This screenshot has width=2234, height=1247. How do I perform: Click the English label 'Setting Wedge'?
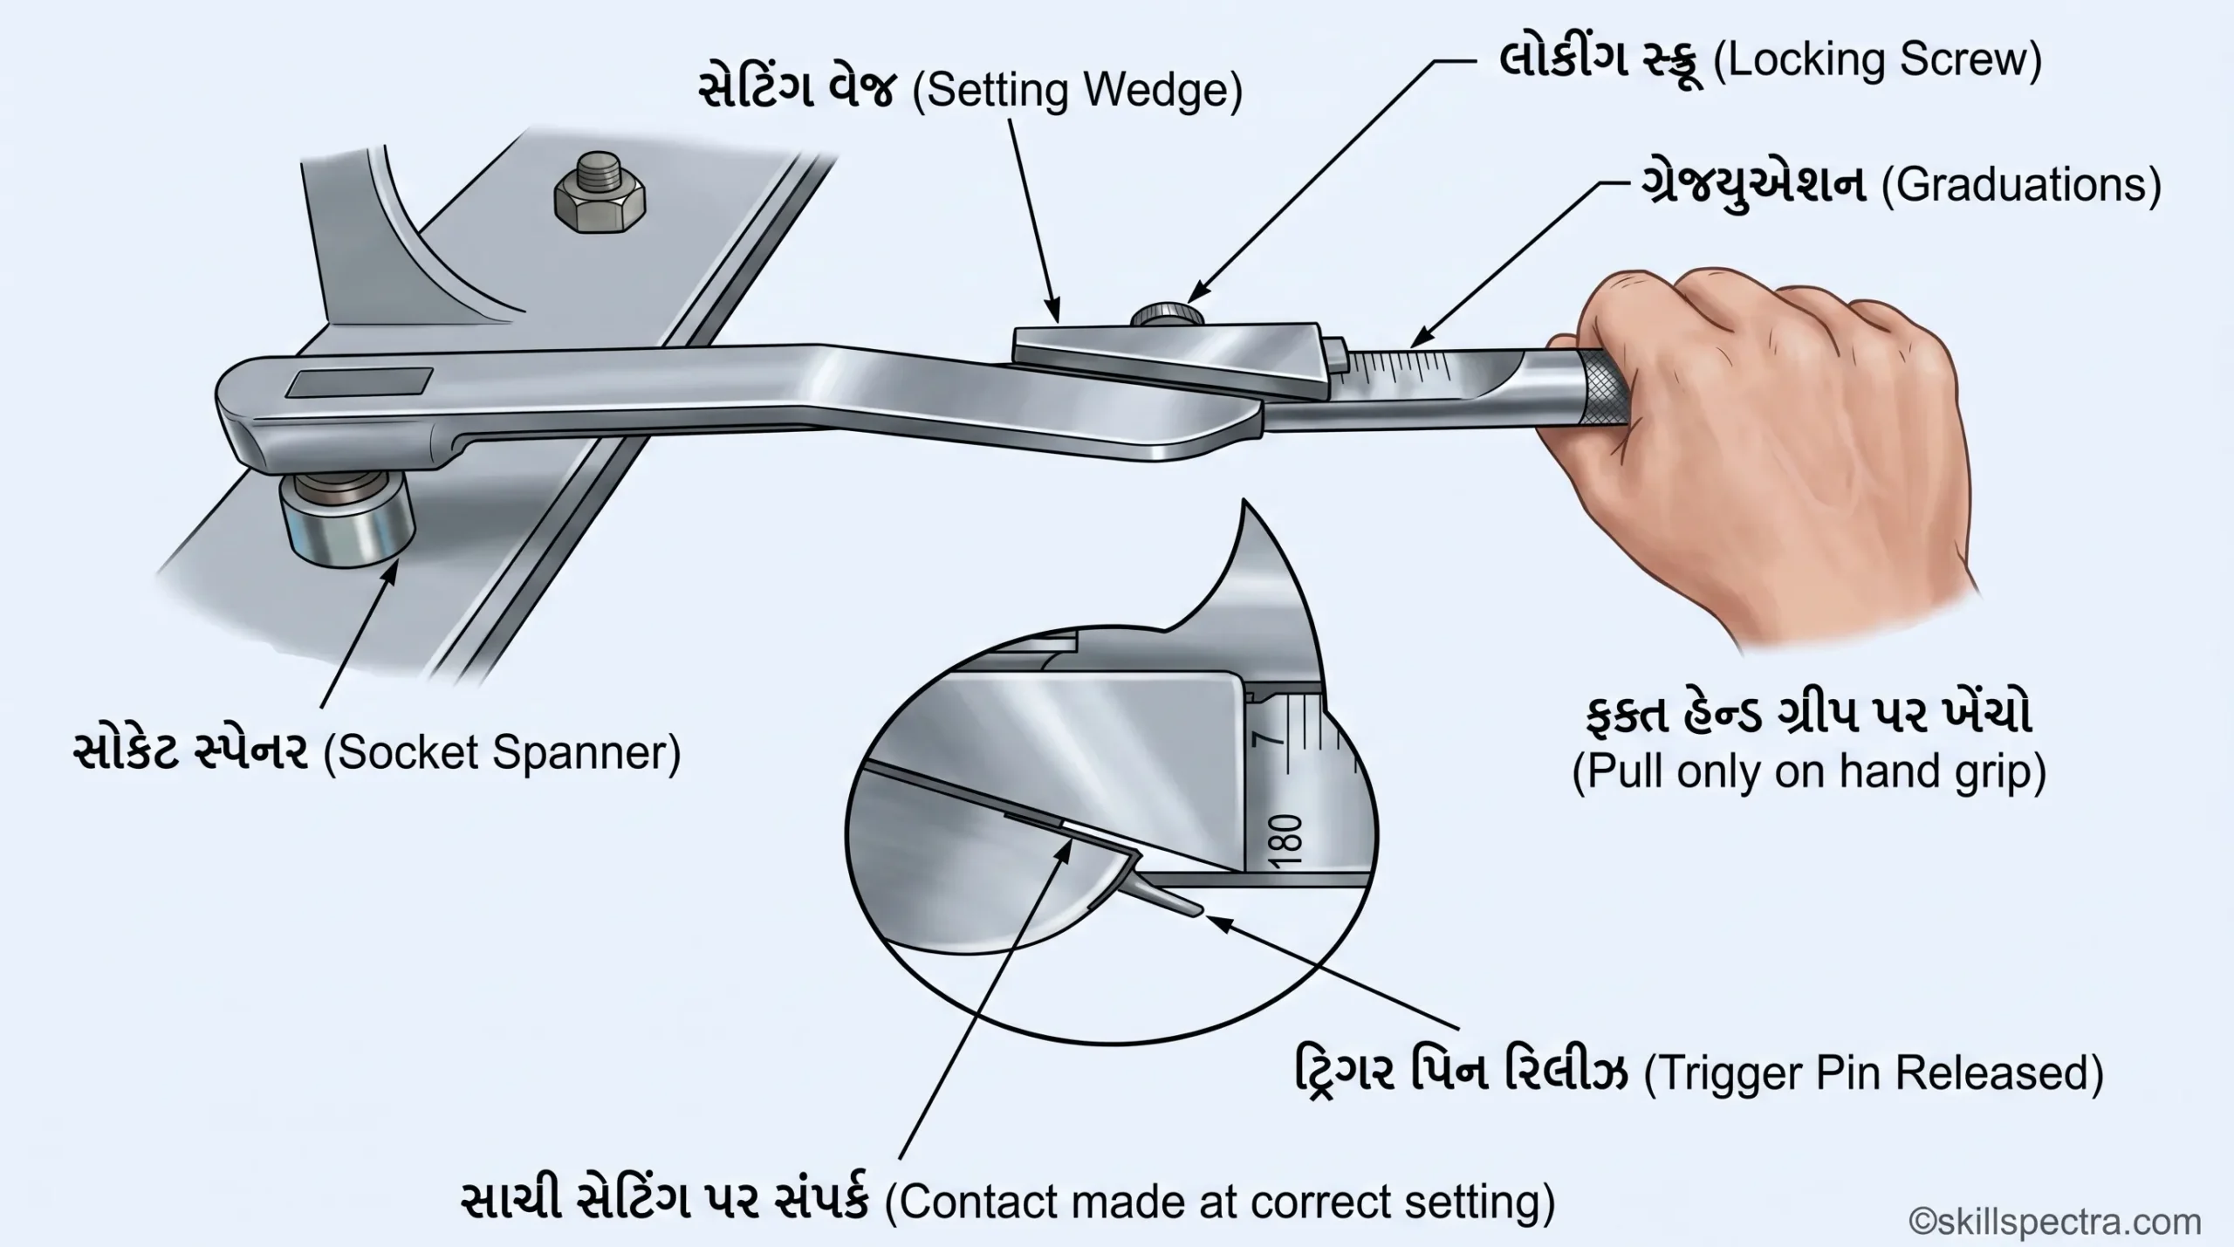(x=1077, y=91)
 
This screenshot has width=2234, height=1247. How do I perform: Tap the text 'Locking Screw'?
(x=1878, y=59)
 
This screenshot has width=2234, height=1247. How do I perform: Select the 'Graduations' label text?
(x=2020, y=185)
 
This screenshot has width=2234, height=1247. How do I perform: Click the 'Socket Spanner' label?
(x=502, y=753)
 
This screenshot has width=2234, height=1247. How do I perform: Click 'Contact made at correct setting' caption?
(x=1220, y=1202)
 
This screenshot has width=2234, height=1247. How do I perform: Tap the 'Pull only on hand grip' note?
(x=1809, y=771)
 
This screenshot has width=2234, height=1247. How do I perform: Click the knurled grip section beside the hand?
(x=1603, y=389)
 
